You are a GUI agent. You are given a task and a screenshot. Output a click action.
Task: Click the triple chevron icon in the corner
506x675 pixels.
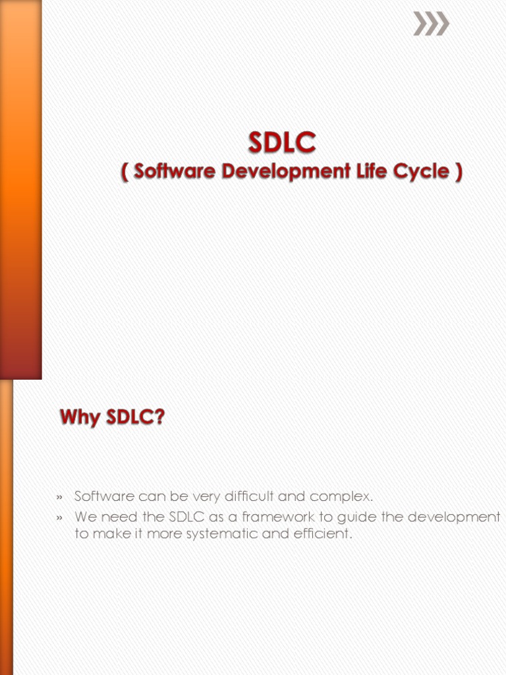(431, 23)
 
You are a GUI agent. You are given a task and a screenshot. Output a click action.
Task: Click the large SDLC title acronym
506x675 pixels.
(282, 142)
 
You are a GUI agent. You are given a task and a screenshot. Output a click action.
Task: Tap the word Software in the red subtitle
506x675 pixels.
(174, 171)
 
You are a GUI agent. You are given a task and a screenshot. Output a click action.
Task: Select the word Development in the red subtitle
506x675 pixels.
(286, 172)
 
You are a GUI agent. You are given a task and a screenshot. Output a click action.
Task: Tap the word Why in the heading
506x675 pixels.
(80, 417)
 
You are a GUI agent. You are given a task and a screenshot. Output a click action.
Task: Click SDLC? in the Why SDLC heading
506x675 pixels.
(135, 417)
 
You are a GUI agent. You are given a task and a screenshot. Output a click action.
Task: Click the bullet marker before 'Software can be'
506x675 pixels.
(59, 498)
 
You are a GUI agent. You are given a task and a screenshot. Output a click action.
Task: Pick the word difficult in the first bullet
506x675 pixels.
(249, 496)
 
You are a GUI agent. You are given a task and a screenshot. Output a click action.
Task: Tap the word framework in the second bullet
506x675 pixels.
(279, 516)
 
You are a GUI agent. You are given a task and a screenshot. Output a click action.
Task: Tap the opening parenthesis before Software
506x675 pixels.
(125, 172)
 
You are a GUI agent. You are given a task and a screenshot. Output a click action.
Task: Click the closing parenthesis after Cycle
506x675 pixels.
(459, 172)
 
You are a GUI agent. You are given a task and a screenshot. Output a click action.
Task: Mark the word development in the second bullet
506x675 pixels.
(454, 517)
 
